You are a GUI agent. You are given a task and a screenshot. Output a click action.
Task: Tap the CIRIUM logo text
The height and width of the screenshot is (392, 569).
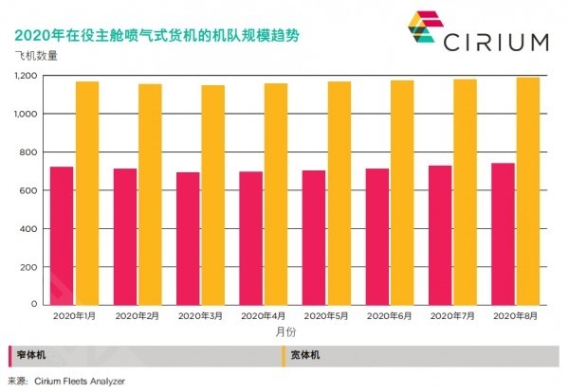click(493, 42)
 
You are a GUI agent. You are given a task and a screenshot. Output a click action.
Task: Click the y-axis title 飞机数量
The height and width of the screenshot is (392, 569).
click(36, 56)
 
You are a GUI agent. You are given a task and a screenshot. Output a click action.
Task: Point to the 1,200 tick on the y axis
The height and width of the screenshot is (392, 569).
click(27, 76)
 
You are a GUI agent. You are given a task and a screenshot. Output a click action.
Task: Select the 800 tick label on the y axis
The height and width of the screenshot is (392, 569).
click(31, 152)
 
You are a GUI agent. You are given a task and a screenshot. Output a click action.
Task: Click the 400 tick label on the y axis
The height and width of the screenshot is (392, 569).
click(31, 229)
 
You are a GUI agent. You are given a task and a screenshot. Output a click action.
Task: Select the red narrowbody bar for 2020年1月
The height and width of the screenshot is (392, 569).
click(62, 236)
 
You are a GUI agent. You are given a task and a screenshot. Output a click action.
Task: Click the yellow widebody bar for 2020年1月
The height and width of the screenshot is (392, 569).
click(87, 193)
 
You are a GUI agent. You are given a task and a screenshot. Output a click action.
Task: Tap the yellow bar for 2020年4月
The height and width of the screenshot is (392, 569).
click(276, 194)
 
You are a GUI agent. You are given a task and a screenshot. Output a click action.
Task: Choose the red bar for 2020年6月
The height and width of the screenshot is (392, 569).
click(376, 237)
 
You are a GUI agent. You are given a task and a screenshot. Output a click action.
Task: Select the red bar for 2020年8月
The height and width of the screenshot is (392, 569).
click(503, 234)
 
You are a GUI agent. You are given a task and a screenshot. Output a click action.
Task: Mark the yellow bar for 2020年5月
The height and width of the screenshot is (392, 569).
click(340, 193)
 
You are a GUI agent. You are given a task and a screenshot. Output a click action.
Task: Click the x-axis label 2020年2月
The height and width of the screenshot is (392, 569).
click(138, 314)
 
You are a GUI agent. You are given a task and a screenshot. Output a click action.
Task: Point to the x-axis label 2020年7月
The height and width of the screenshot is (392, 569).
click(452, 314)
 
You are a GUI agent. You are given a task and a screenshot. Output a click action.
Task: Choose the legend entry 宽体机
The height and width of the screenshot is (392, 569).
click(304, 356)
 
